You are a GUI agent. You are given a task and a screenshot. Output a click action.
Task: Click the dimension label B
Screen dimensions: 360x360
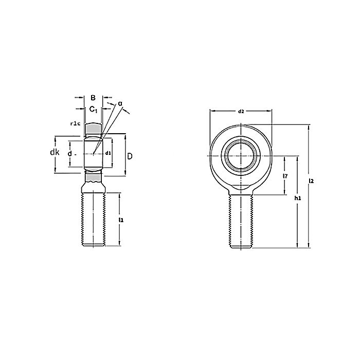tap(93, 98)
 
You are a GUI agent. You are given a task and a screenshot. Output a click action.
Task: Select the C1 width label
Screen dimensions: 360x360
tap(93, 110)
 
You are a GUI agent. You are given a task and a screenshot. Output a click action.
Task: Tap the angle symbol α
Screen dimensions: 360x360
tap(120, 104)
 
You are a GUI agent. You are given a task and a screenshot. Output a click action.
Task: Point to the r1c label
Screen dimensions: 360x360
tap(75, 124)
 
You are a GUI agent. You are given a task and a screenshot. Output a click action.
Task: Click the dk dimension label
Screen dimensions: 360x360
tap(55, 152)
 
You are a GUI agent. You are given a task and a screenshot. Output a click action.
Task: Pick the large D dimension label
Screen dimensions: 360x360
tap(130, 156)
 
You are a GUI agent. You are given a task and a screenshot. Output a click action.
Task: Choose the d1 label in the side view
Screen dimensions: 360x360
tap(108, 153)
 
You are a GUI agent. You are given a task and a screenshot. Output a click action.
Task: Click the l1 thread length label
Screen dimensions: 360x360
tap(121, 220)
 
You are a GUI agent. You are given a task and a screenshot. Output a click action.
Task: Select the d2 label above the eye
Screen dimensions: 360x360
tap(241, 112)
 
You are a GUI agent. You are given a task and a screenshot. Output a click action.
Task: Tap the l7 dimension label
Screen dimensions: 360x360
tap(285, 176)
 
